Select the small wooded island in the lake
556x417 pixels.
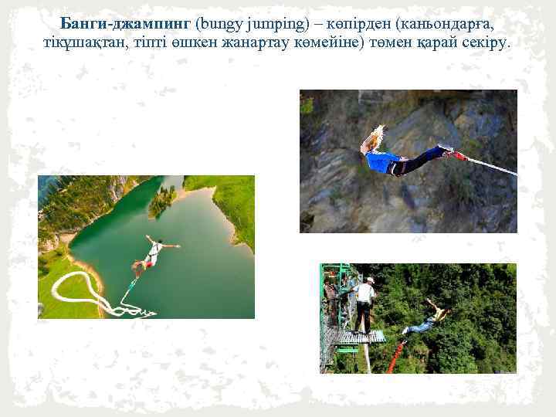tap(162, 202)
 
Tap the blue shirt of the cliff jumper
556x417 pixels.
tap(383, 161)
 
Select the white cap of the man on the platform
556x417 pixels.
tap(370, 280)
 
